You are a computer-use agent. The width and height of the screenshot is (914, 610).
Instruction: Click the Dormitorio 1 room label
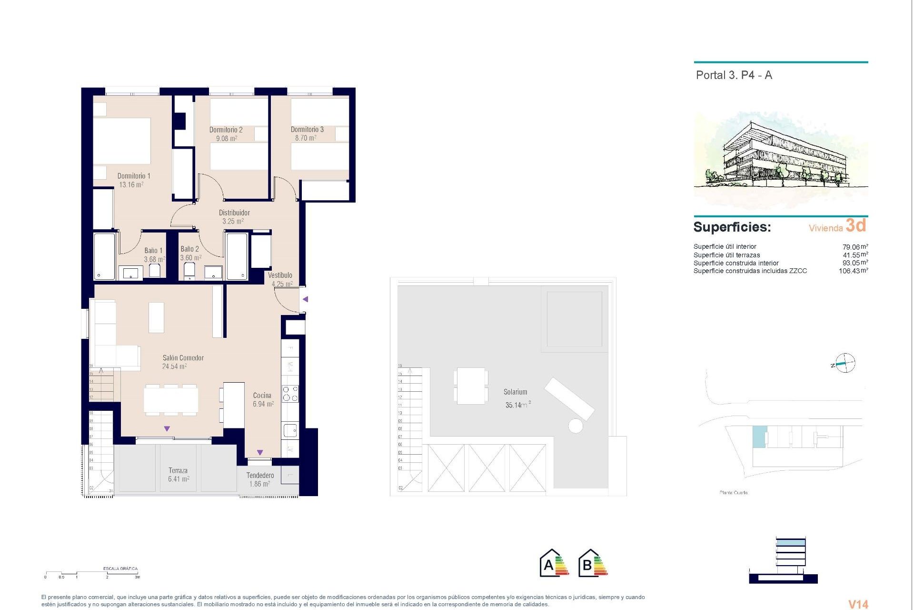pos(134,176)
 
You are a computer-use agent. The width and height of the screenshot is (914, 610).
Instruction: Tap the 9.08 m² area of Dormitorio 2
pos(227,139)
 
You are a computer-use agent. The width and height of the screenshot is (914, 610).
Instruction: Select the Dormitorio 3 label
pos(307,130)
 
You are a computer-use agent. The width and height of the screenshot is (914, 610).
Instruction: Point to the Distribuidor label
pos(234,213)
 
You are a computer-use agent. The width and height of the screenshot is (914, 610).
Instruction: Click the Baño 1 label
pos(153,251)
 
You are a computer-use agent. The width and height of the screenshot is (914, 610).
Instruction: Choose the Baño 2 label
pos(189,249)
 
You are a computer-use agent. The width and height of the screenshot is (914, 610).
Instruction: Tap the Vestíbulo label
pos(280,275)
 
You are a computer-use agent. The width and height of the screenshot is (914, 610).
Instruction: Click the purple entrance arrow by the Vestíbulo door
pos(306,299)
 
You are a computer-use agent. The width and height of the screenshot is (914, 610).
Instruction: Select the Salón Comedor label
pos(183,358)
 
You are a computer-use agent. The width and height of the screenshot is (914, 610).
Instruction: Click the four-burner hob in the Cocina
pos(290,394)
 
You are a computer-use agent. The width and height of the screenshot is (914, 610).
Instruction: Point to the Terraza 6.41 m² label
pos(178,475)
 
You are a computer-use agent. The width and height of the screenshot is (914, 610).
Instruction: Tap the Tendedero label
pos(260,476)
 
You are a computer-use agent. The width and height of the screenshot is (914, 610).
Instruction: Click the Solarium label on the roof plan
pos(515,392)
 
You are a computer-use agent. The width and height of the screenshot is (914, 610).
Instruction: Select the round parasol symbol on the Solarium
pos(576,426)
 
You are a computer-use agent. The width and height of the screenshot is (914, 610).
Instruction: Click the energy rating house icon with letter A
pos(554,563)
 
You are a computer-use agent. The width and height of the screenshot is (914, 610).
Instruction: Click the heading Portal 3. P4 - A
pos(734,75)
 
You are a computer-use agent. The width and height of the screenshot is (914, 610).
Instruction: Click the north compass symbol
pos(845,364)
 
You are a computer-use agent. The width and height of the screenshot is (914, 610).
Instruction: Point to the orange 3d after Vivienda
pos(856,225)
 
